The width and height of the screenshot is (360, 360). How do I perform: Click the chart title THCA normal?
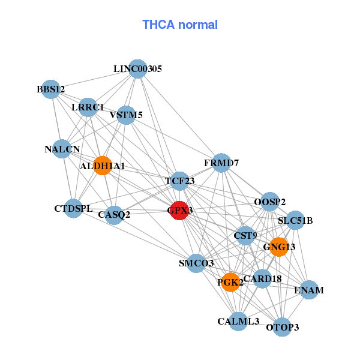tap(179, 25)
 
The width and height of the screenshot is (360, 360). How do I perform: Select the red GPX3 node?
tap(179, 211)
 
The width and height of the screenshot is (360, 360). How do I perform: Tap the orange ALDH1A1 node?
tap(103, 166)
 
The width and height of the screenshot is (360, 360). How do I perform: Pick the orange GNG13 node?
tap(279, 247)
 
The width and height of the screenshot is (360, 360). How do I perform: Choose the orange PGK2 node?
tap(230, 281)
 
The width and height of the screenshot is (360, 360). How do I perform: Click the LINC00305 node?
tap(138, 69)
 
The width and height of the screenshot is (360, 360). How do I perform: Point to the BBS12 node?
tap(51, 90)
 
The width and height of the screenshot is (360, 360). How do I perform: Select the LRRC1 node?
tap(88, 107)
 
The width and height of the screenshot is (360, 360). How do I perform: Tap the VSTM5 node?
tap(126, 115)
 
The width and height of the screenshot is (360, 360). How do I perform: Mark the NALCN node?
tap(62, 149)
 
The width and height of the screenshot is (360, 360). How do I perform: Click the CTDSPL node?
tap(73, 209)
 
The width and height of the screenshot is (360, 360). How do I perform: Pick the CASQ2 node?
tap(114, 214)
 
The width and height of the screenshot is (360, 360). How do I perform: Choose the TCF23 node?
tap(180, 181)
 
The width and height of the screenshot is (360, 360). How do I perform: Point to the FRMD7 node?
tap(221, 163)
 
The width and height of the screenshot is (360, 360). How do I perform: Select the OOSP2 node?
tap(270, 202)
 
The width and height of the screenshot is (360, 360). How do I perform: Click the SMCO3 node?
tap(196, 263)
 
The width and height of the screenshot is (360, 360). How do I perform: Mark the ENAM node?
tap(309, 290)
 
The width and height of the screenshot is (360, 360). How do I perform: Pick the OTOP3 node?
tap(282, 327)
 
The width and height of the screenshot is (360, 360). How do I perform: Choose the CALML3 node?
tap(239, 322)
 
